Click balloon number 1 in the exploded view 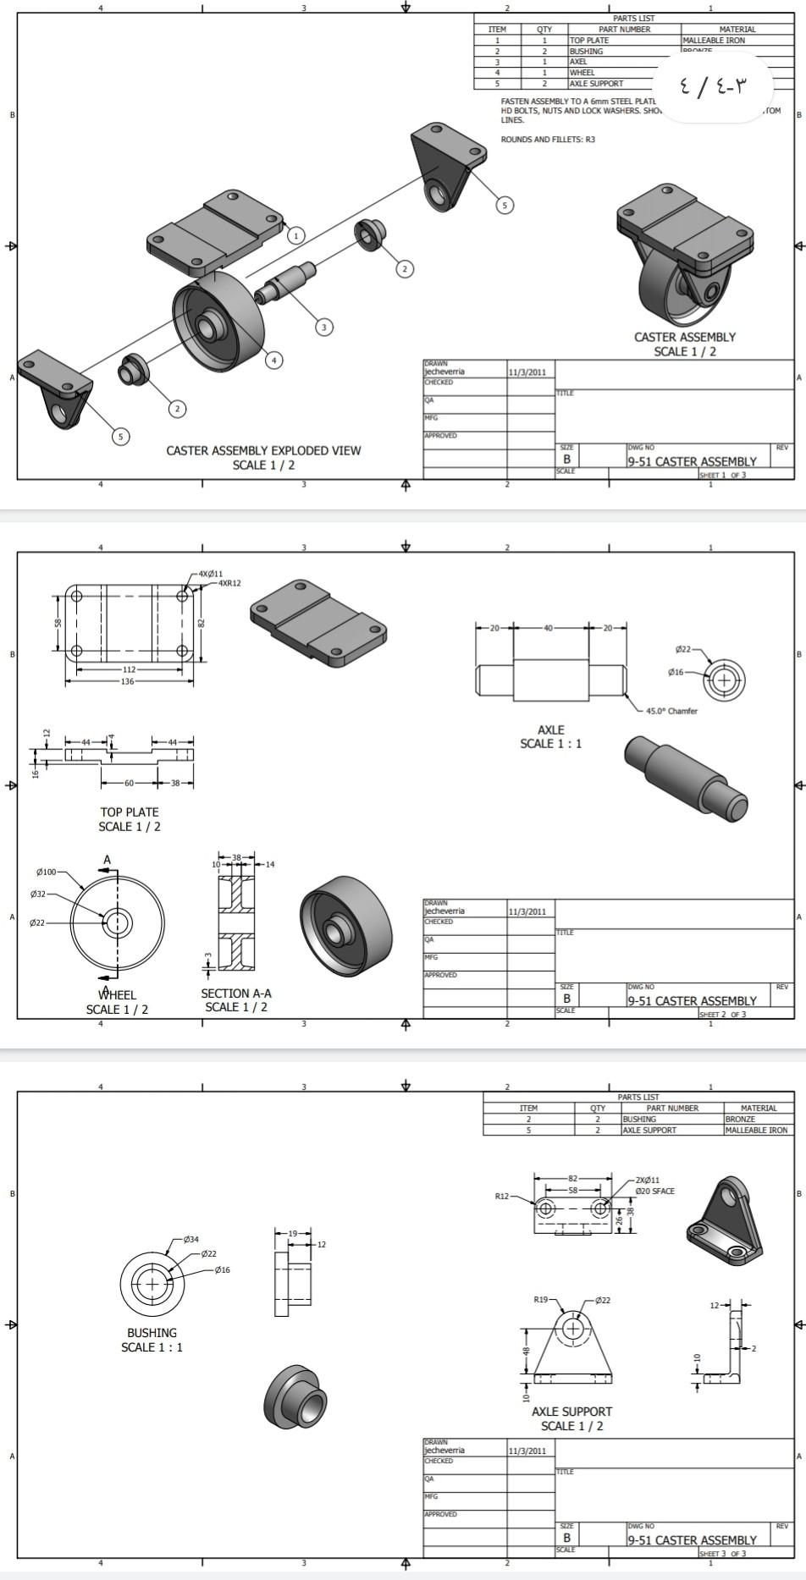[x=295, y=235]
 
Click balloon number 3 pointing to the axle [x=324, y=327]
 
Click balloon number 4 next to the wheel [x=273, y=360]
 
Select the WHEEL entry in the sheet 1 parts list [x=582, y=73]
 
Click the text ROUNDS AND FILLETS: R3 [x=548, y=140]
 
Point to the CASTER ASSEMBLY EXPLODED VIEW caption [x=263, y=450]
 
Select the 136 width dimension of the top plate [x=127, y=681]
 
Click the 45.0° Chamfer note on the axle [x=671, y=711]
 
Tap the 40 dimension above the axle [x=548, y=628]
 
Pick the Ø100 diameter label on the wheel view [x=47, y=872]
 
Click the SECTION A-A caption [x=236, y=994]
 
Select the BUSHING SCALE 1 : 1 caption [x=152, y=1340]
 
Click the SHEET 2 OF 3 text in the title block [x=722, y=1014]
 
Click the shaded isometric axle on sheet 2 [x=686, y=776]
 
